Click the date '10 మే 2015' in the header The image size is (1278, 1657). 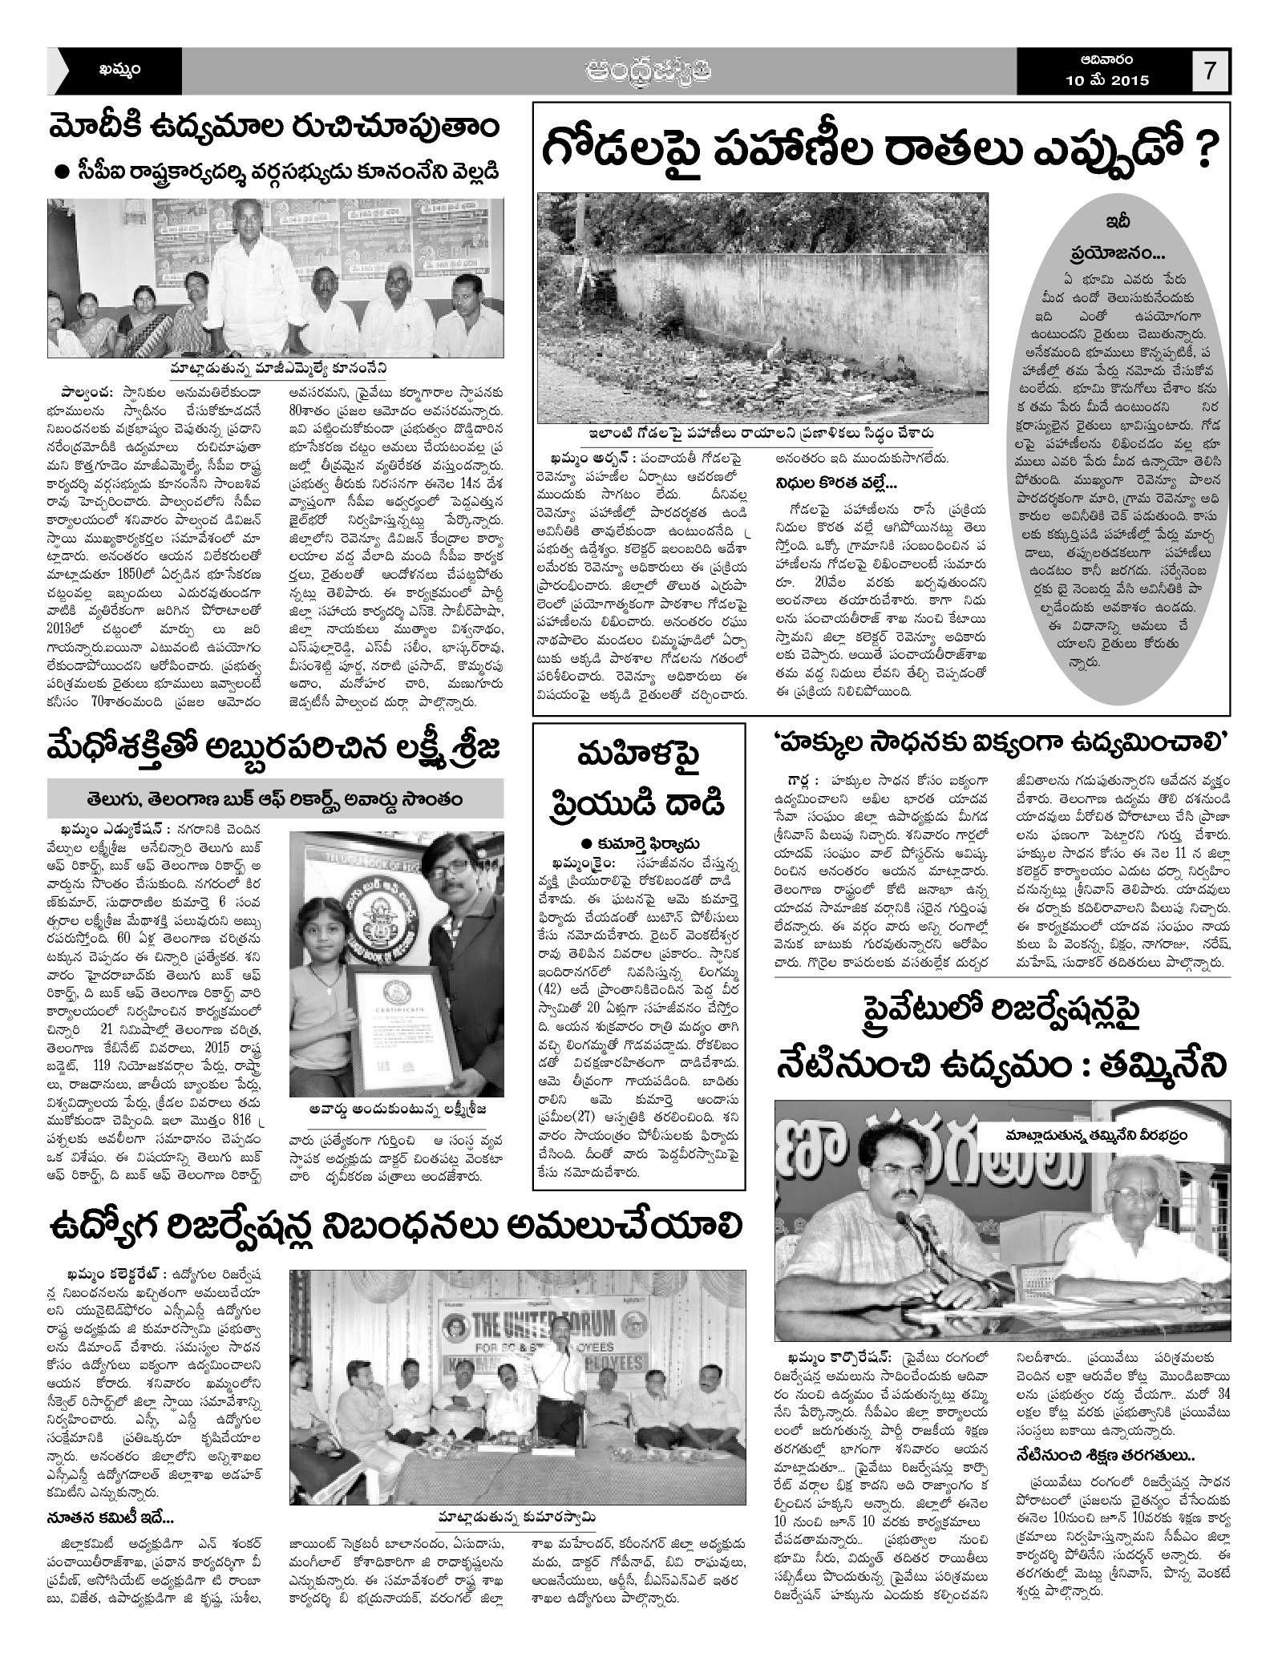(1107, 81)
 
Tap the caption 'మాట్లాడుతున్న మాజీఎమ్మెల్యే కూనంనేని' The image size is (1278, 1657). (278, 368)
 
